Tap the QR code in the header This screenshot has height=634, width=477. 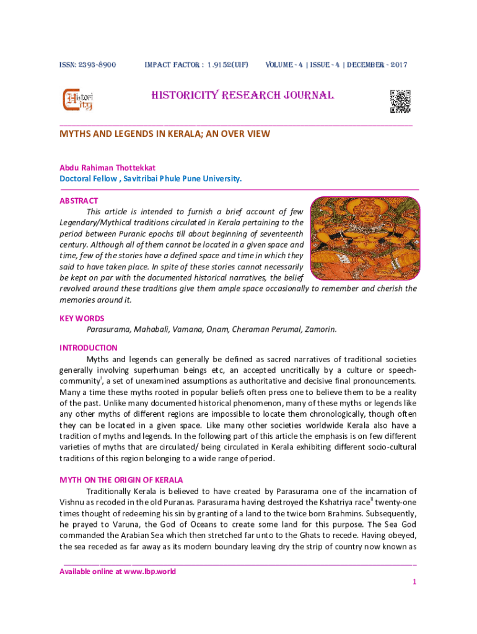[x=400, y=101]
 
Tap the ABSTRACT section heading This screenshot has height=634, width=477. [x=78, y=201]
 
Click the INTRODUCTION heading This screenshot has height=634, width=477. [x=88, y=348]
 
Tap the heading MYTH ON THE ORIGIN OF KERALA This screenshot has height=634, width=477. [x=121, y=480]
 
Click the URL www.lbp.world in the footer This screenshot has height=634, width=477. [x=149, y=571]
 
